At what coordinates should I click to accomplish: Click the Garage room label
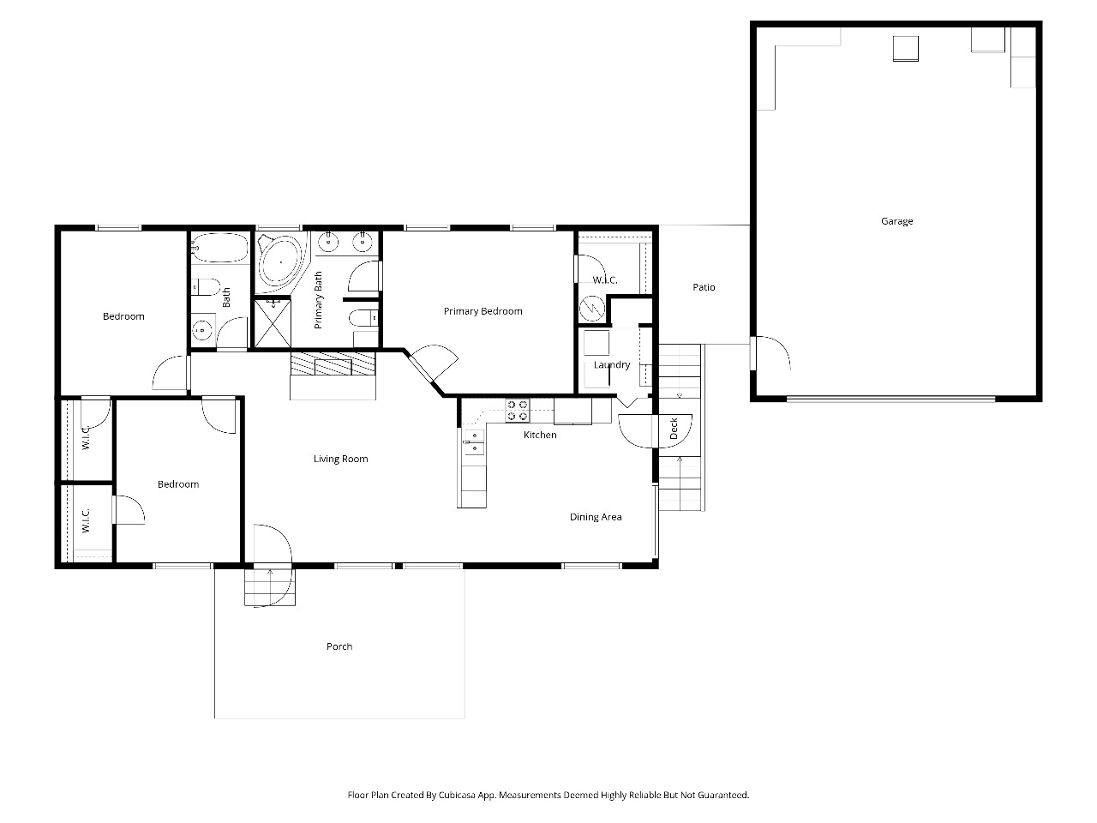point(896,221)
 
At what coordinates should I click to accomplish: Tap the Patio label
point(704,287)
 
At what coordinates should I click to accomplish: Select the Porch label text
point(339,646)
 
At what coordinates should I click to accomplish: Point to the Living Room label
point(340,459)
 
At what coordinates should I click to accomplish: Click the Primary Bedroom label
point(483,311)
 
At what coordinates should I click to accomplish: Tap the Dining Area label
point(596,517)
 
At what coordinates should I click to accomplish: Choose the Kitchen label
point(540,435)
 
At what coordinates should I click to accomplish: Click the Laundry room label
point(612,365)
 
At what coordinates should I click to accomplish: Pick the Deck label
point(673,429)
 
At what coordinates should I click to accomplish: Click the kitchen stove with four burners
point(518,411)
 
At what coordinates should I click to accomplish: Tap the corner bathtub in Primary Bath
point(280,263)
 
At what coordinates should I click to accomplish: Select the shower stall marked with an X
point(273,322)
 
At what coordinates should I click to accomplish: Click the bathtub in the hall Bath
point(220,248)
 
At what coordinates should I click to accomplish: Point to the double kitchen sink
point(474,442)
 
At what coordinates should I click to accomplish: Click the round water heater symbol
point(592,309)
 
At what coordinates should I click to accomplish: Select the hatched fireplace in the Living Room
point(333,363)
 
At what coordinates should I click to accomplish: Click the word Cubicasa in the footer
point(458,795)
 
